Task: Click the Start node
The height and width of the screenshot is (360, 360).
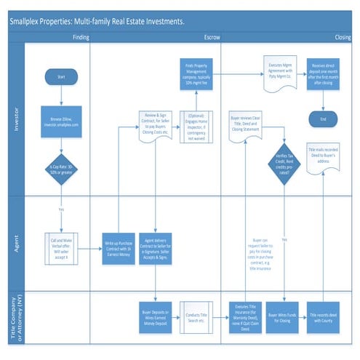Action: click(x=60, y=76)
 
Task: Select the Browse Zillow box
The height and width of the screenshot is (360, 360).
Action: click(x=60, y=119)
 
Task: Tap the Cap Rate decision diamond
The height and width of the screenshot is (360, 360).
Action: click(x=60, y=169)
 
